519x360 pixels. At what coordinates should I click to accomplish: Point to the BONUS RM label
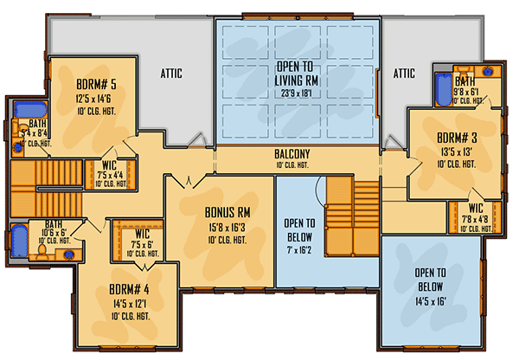pyautogui.click(x=227, y=212)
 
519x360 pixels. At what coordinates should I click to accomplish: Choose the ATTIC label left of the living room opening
pyautogui.click(x=170, y=73)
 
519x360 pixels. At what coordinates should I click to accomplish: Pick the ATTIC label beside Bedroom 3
pyautogui.click(x=405, y=73)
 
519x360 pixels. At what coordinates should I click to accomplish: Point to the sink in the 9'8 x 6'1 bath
pyautogui.click(x=490, y=73)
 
